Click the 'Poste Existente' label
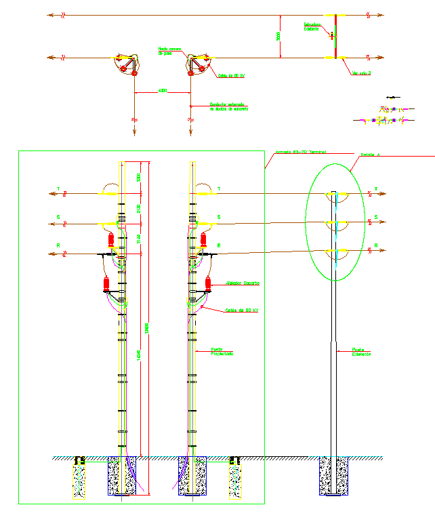pos(362,352)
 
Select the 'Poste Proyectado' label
pos(222,352)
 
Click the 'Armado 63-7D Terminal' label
pos(300,152)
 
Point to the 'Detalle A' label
pos(371,155)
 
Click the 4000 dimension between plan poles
pos(162,90)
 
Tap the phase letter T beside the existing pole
pos(376,190)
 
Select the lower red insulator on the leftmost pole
pos(106,284)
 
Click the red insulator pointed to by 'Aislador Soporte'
pos(209,283)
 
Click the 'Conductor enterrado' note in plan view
pos(228,106)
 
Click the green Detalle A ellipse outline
pos(306,224)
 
